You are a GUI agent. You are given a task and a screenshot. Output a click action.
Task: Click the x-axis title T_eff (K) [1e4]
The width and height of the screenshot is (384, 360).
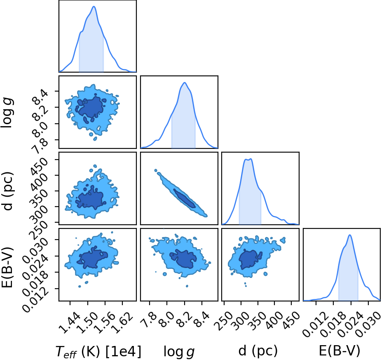point(98,351)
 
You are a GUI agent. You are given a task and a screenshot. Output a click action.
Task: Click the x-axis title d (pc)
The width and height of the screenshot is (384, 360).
point(258,351)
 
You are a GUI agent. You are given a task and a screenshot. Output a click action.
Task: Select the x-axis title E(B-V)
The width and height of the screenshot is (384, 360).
point(340,351)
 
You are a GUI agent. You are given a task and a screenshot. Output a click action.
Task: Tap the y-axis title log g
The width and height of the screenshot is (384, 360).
point(7,113)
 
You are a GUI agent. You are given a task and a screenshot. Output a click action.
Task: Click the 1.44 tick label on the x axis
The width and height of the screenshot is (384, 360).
point(70,323)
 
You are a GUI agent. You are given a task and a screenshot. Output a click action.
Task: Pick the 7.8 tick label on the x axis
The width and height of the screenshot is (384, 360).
point(149,320)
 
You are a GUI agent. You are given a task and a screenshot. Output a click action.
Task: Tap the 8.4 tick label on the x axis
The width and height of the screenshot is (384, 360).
point(201,320)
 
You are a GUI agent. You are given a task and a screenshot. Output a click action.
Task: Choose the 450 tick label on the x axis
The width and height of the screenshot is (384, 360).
point(291,321)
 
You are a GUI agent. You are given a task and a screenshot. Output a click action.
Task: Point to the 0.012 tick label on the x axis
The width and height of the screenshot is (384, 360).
point(316,325)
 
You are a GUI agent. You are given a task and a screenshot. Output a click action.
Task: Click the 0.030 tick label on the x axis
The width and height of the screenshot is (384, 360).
point(368,325)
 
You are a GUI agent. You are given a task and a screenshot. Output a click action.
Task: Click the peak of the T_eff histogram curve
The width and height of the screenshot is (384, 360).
point(94,6)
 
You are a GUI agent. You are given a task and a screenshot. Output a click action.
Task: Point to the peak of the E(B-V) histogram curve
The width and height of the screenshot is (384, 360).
point(350,235)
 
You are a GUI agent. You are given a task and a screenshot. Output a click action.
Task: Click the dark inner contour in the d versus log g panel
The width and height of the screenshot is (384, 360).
point(185,198)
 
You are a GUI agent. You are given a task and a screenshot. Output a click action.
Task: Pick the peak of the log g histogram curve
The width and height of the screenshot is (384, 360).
point(185,82)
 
